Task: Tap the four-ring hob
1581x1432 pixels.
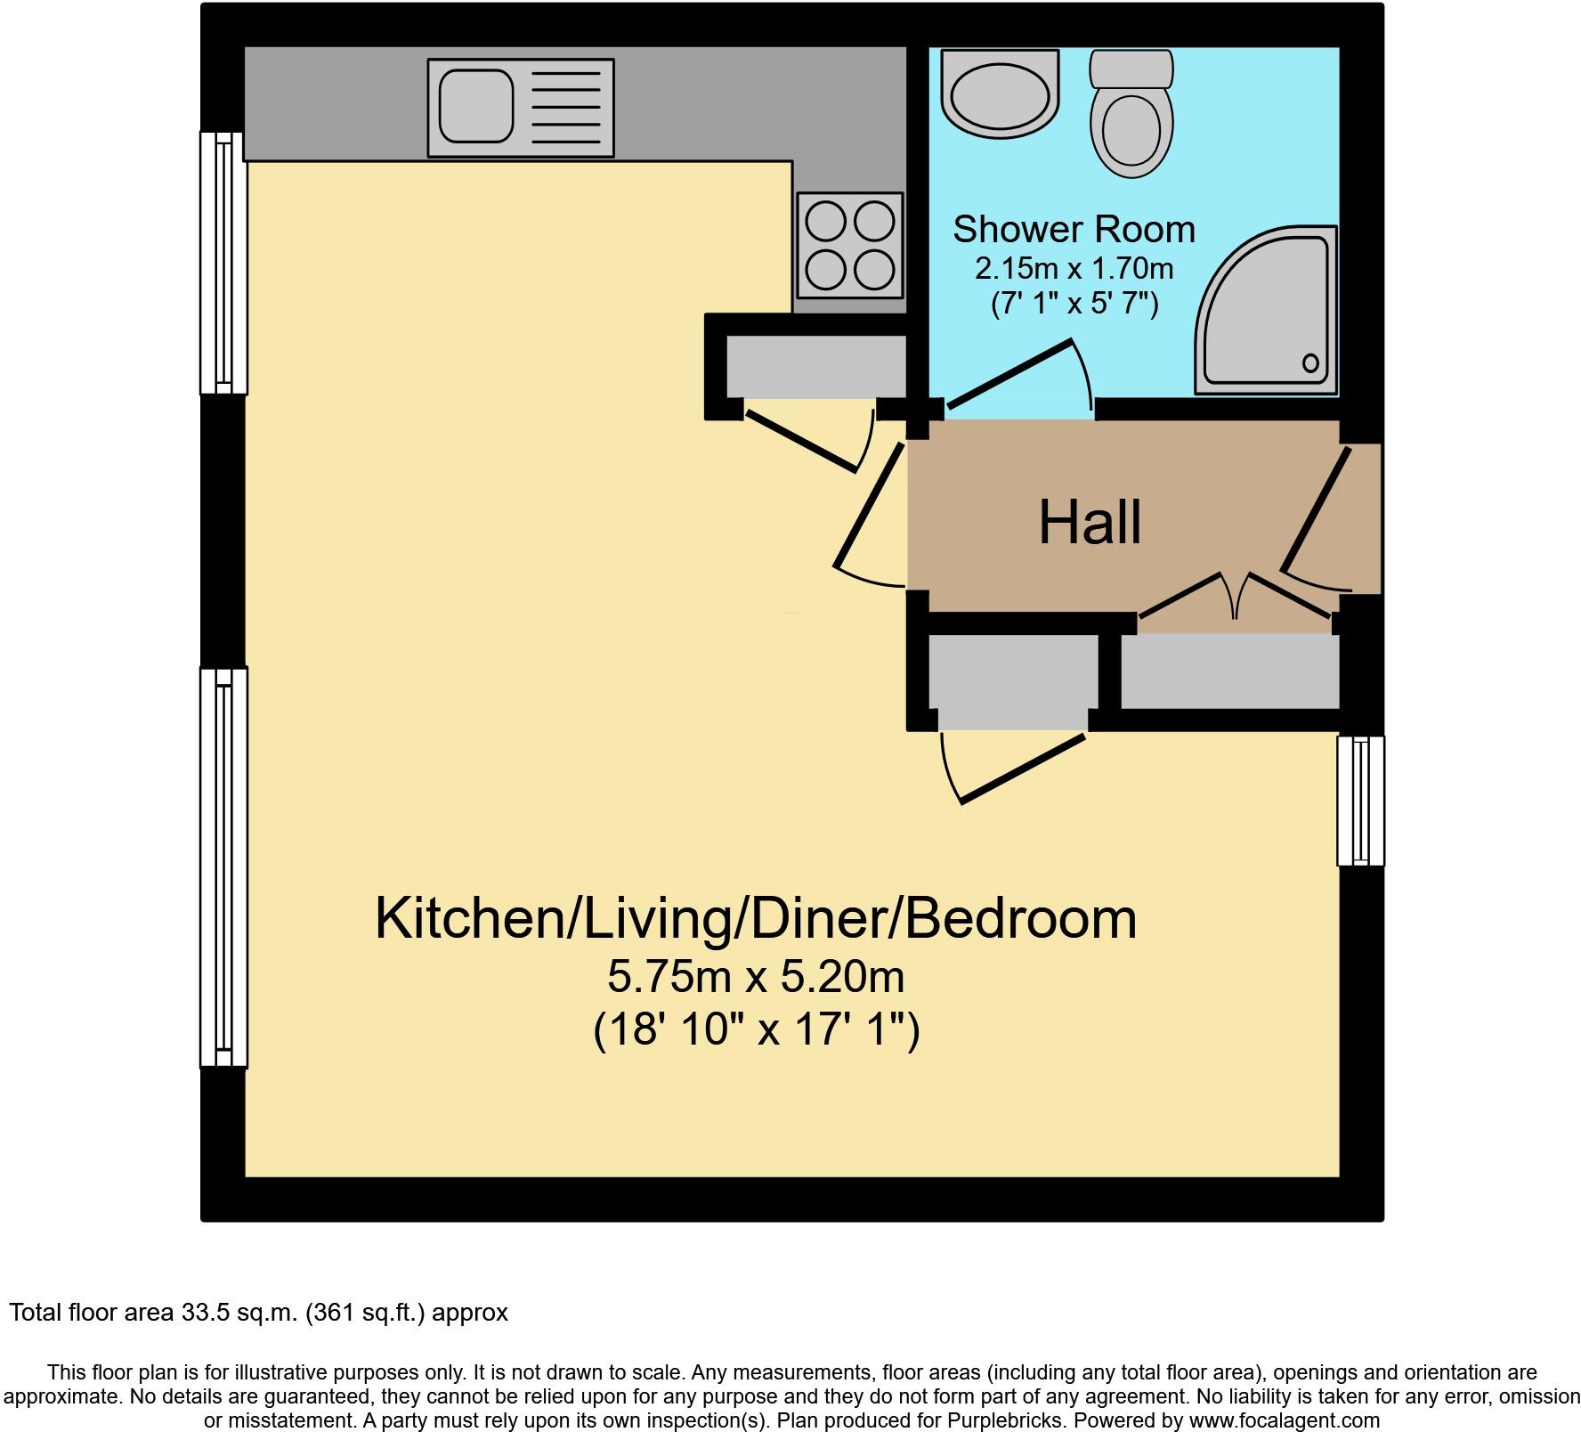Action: point(849,245)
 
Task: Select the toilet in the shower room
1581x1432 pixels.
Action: point(1131,116)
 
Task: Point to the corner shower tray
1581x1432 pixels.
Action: point(1269,312)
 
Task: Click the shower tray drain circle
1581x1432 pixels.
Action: point(1310,362)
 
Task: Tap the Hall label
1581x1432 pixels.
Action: point(1090,523)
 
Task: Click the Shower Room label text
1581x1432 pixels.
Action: point(1074,230)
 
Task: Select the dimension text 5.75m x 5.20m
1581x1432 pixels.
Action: point(756,977)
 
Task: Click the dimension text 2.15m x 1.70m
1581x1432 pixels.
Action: point(1074,268)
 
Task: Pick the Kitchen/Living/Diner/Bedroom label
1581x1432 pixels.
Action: point(756,919)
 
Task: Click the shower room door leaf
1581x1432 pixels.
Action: point(1009,374)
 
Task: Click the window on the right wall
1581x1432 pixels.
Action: point(1360,800)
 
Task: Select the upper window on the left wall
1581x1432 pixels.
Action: point(223,263)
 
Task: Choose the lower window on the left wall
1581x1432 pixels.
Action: point(223,867)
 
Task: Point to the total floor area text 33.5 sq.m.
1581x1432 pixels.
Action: point(258,1312)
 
